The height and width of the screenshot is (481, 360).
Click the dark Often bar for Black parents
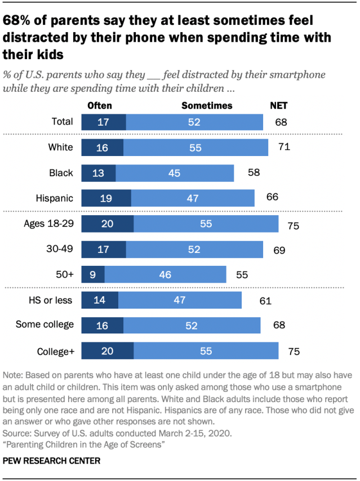pos(99,173)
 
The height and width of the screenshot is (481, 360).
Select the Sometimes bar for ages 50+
pos(165,275)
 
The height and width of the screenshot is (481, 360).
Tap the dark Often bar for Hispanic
pos(106,198)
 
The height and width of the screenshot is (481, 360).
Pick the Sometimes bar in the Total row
pos(194,122)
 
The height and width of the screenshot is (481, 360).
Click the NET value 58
pos(254,173)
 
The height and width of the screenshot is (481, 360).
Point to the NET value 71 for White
pos(284,147)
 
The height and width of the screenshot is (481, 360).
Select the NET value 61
pos(265,301)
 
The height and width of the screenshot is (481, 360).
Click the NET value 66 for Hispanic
pos(273,198)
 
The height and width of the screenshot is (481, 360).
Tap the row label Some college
pos(44,324)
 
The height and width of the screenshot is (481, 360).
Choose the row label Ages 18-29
pos(48,224)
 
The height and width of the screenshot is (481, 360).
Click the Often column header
pos(100,105)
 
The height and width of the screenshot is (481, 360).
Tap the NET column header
pos(279,105)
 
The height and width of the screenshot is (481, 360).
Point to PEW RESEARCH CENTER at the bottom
pos(51,461)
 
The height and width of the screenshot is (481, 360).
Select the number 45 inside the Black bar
pos(174,173)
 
